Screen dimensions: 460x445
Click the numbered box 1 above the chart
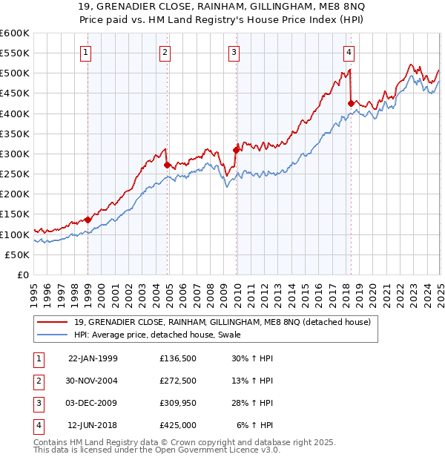(x=87, y=52)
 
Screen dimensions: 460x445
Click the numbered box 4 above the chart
(x=349, y=52)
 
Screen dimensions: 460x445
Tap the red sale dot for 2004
(x=168, y=165)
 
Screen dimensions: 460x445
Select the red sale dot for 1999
(x=88, y=220)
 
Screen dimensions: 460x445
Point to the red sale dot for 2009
(x=236, y=150)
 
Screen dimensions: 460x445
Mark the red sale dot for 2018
(x=351, y=103)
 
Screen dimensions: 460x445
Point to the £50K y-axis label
(x=18, y=254)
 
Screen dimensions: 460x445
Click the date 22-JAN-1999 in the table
(x=93, y=358)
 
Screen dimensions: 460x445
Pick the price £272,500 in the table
(x=178, y=381)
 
